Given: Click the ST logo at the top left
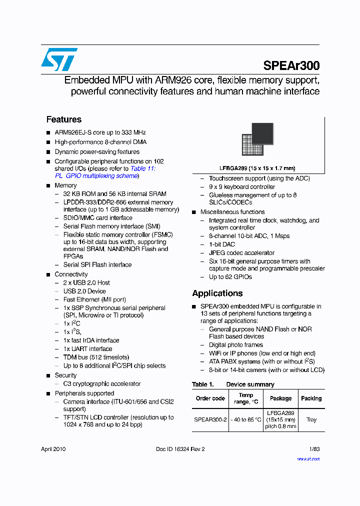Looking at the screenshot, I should (x=59, y=59).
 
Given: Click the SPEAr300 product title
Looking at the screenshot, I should (x=291, y=65).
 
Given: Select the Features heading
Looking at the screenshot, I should (x=63, y=119).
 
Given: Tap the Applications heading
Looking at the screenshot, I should (x=217, y=293).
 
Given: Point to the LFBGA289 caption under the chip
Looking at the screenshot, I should (x=257, y=168).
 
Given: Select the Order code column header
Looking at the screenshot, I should (x=210, y=398).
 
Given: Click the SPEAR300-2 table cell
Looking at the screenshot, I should (x=210, y=420).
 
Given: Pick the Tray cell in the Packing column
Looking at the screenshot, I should (x=311, y=420).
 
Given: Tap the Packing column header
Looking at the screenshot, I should (x=311, y=398).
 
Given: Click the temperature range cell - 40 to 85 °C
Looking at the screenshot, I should (x=245, y=420).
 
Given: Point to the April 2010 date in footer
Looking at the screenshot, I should (x=53, y=449).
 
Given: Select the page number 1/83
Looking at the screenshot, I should (x=314, y=449).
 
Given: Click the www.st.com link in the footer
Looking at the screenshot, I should (x=308, y=458).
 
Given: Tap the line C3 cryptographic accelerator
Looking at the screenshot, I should (x=101, y=384).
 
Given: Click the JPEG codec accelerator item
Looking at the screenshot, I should (x=241, y=253).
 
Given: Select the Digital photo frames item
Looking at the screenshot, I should (x=235, y=345).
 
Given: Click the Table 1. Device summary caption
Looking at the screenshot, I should (x=233, y=384).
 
